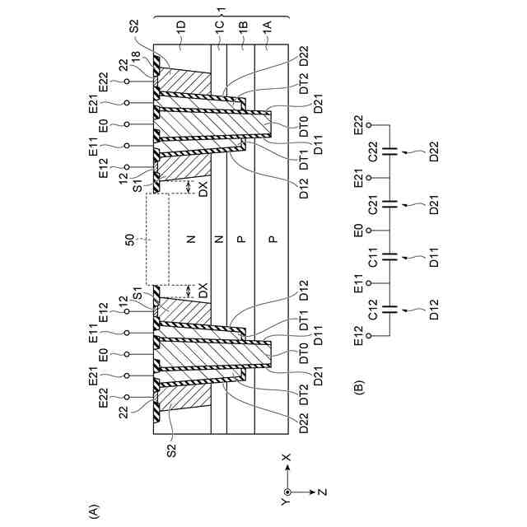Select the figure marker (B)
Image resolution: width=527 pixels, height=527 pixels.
(359, 385)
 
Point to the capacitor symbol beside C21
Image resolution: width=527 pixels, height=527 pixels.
(394, 203)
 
